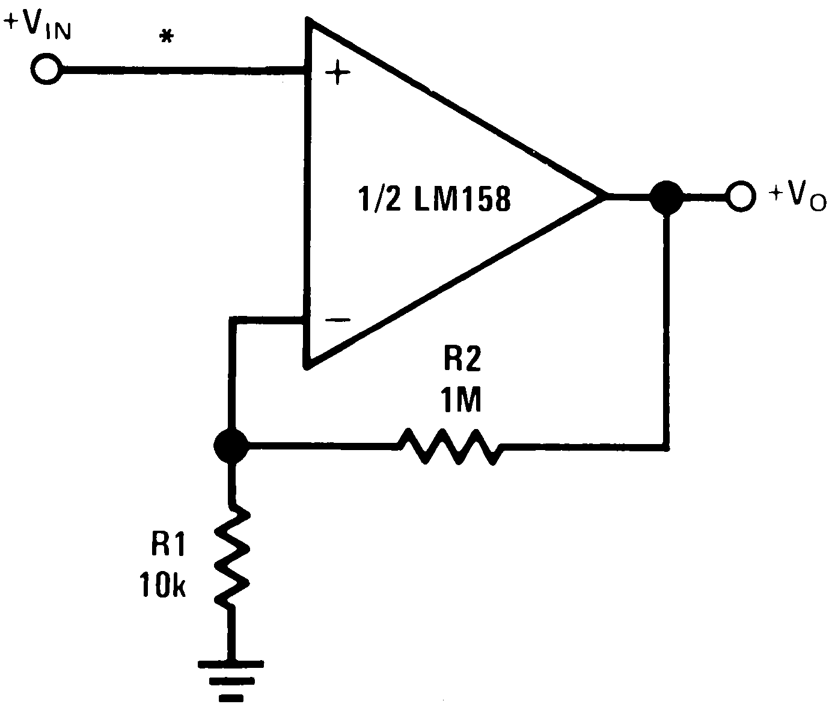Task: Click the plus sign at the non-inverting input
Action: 337,74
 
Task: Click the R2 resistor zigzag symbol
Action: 448,446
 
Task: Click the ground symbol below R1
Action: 231,680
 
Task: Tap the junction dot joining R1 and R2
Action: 230,446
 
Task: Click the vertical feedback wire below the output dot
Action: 666,331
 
